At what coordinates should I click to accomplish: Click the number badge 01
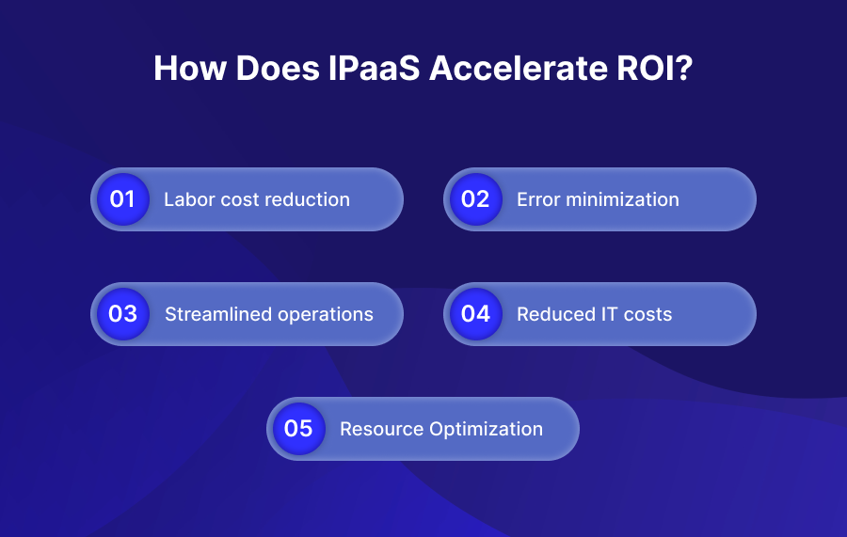click(x=123, y=199)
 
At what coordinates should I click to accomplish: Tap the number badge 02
click(x=476, y=199)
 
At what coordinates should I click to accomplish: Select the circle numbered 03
click(x=123, y=314)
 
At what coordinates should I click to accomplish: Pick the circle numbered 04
click(x=476, y=314)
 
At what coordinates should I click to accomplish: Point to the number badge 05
click(x=299, y=429)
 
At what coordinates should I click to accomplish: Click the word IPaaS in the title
click(x=374, y=68)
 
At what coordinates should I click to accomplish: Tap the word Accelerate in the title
click(x=519, y=68)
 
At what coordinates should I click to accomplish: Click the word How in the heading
click(x=189, y=68)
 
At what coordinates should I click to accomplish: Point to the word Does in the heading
click(x=278, y=68)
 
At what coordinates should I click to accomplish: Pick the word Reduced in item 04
click(x=552, y=314)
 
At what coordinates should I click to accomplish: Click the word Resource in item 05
click(x=381, y=429)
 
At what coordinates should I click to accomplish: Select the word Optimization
click(x=487, y=430)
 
